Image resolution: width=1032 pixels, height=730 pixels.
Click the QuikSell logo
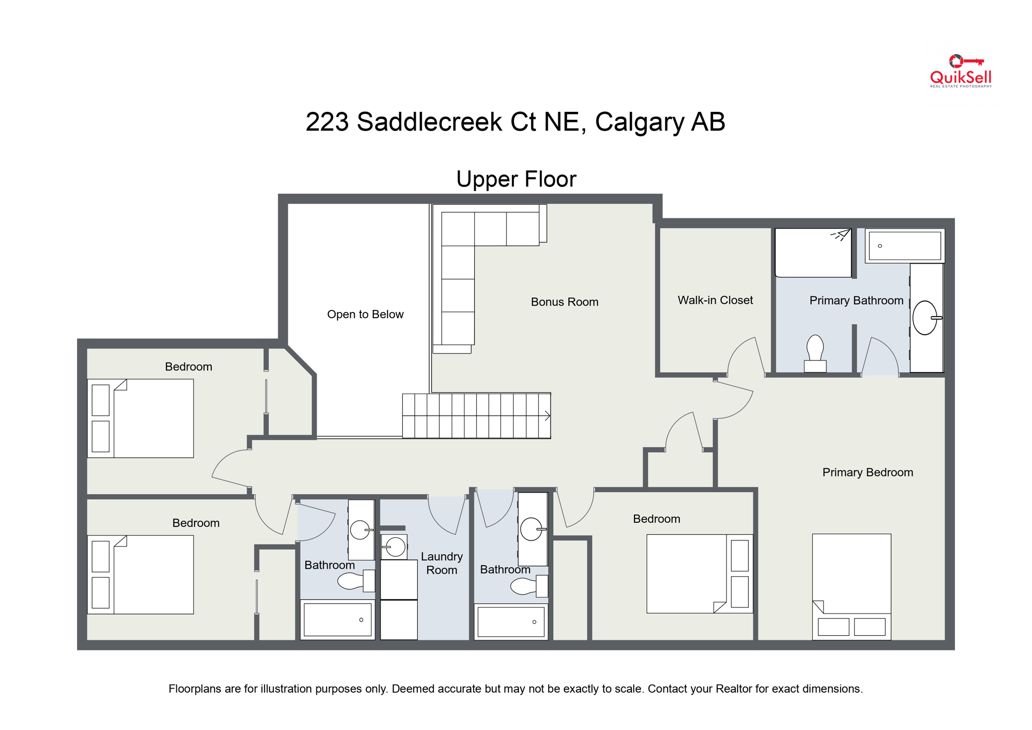pos(960,72)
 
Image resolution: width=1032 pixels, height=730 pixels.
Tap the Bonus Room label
pos(564,302)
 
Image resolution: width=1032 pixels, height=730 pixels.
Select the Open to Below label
pos(365,315)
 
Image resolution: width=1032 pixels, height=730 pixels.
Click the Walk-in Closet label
pos(715,300)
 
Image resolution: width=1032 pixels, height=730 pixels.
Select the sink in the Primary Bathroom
pos(925,318)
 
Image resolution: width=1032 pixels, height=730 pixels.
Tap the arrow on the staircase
pos(547,416)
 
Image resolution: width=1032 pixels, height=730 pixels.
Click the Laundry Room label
pos(441,563)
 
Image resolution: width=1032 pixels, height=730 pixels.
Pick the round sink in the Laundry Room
pos(395,546)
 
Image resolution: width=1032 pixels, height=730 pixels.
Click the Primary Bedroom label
pos(867,472)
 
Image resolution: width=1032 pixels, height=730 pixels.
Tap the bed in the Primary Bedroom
pos(851,586)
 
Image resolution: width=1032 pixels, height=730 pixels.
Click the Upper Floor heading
pos(516,179)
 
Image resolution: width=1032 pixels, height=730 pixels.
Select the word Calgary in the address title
pos(639,122)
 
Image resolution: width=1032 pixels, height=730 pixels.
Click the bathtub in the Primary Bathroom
pos(905,246)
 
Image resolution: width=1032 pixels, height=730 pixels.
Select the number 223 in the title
pos(327,122)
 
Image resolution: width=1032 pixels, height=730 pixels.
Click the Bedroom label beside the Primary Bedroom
pos(656,519)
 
